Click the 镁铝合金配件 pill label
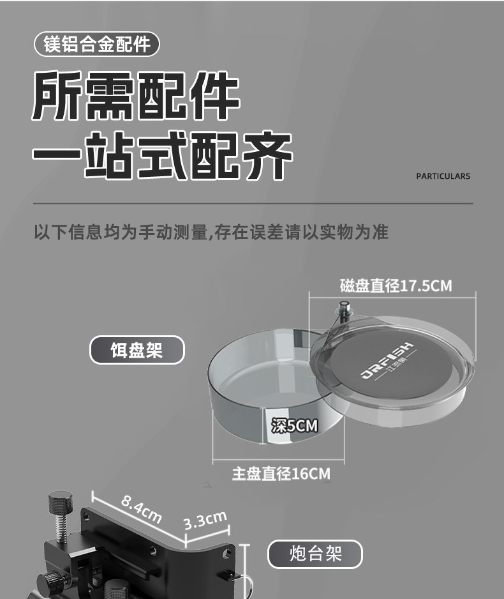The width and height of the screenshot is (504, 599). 97,44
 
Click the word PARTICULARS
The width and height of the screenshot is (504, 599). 443,176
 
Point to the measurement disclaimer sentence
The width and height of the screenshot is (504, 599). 211,232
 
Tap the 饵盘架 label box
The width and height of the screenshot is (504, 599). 137,350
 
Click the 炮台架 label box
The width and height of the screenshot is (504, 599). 315,554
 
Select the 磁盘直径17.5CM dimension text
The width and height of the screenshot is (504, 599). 396,285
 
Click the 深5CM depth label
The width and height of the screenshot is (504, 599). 294,425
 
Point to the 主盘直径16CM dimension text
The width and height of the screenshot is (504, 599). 281,474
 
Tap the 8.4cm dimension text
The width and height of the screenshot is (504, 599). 141,509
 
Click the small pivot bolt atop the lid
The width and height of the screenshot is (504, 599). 345,308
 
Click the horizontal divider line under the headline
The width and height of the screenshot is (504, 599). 253,203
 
